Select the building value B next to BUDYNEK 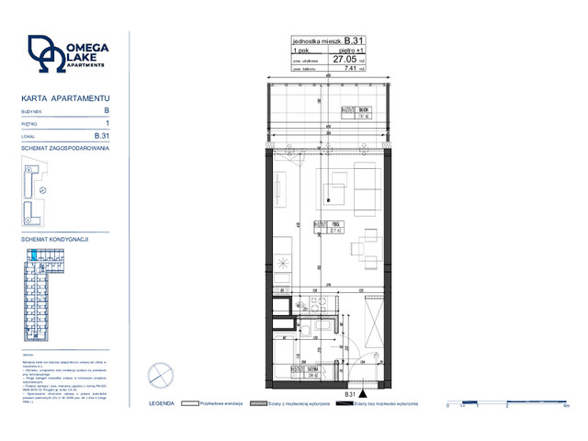(x=107, y=110)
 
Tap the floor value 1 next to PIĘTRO (x=107, y=122)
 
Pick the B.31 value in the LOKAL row (x=103, y=134)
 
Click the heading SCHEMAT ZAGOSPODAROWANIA (x=65, y=147)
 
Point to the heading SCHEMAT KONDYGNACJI (x=54, y=239)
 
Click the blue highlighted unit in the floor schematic (x=33, y=254)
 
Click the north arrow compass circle (x=161, y=375)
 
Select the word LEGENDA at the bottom (x=162, y=403)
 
